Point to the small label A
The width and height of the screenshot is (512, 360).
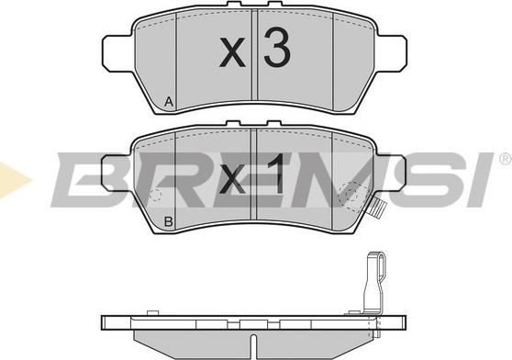[168, 103]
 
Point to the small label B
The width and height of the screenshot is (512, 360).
[168, 222]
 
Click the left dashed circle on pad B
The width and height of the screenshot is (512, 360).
[156, 195]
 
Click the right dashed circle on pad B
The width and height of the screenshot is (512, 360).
[351, 193]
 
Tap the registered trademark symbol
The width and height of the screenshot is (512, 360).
[504, 159]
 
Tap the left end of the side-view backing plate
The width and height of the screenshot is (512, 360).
[104, 322]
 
